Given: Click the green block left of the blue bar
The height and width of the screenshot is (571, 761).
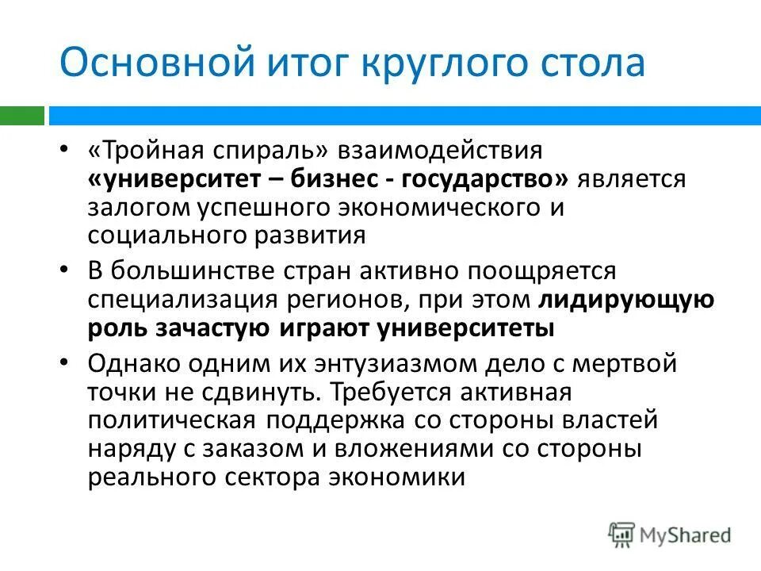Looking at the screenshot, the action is (x=21, y=116).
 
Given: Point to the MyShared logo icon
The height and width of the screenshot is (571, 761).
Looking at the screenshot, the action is (x=622, y=535).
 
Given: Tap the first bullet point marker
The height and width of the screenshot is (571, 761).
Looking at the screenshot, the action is (x=65, y=150).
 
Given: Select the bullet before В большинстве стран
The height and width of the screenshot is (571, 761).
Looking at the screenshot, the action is (x=65, y=270).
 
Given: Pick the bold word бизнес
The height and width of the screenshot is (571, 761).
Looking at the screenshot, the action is (x=335, y=181).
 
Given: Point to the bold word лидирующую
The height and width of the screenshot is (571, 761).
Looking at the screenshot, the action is (x=626, y=301).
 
